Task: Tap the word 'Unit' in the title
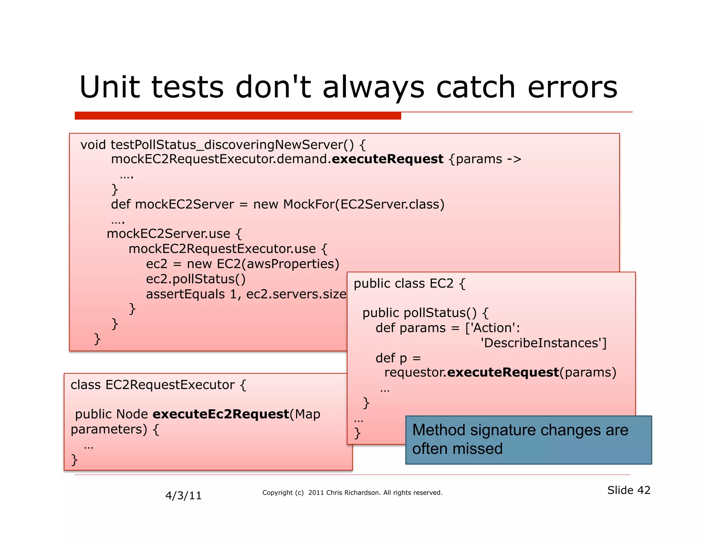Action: click(109, 87)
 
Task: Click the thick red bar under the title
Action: click(238, 116)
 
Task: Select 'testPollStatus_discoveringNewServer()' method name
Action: click(232, 145)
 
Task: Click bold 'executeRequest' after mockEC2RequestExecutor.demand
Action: click(387, 159)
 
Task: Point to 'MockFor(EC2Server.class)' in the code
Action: click(364, 205)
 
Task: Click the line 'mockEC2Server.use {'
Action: click(174, 234)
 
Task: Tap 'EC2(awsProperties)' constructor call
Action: click(278, 264)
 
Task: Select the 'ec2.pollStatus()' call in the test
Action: click(196, 279)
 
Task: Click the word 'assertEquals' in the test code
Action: click(185, 294)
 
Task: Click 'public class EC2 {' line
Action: click(409, 284)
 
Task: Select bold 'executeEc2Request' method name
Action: click(221, 414)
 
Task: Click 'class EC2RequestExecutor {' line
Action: click(158, 385)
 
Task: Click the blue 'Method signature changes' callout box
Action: click(528, 440)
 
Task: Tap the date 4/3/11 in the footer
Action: click(183, 496)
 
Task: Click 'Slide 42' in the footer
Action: click(628, 490)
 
